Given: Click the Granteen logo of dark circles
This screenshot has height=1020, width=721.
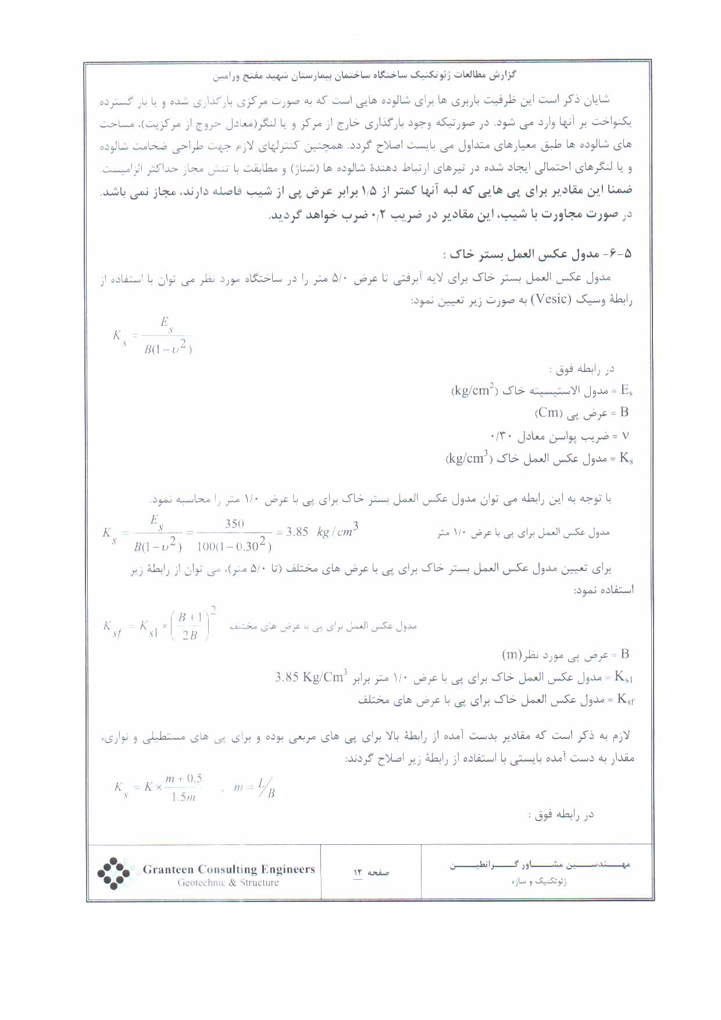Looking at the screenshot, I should (113, 873).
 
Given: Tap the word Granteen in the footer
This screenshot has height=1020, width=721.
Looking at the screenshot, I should (167, 869).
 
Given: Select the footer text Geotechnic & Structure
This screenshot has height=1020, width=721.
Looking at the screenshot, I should (228, 883).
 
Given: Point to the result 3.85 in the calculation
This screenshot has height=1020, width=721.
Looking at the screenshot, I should (297, 532).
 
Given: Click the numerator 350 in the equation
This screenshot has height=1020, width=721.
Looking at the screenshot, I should (234, 523).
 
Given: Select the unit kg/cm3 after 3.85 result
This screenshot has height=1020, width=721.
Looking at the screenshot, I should (338, 531).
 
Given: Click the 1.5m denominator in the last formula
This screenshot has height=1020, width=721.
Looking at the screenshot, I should (183, 797).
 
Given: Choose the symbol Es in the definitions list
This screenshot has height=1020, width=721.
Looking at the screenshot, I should (626, 390).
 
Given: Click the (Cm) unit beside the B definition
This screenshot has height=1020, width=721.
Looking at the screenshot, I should (548, 413).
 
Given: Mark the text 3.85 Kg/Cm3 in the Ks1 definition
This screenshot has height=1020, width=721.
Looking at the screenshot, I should (311, 677).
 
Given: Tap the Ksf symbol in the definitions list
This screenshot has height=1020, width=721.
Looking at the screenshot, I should (625, 699).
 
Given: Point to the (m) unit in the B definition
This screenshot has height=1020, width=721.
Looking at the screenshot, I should (512, 655).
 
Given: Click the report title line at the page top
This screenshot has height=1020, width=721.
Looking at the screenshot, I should (365, 76).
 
